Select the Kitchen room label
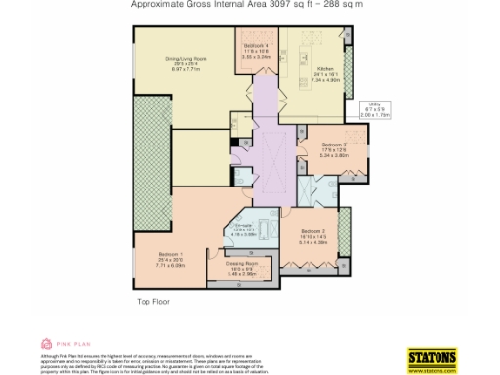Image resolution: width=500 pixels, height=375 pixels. (325, 68)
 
